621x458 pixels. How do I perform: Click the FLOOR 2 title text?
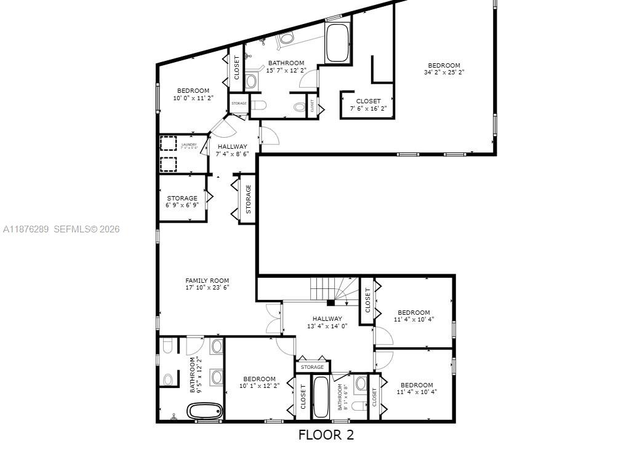(x=326, y=435)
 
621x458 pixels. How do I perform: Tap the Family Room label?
(x=207, y=280)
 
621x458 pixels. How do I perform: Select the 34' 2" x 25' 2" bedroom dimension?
(x=444, y=72)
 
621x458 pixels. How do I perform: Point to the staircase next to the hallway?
(x=332, y=290)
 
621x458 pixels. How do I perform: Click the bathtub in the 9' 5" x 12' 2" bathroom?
(x=204, y=411)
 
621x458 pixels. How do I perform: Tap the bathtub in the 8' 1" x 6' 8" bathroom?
(x=321, y=397)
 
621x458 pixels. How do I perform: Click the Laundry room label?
(x=189, y=145)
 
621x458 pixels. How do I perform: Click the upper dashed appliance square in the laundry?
(x=168, y=143)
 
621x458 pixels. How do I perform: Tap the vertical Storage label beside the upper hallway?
(x=248, y=199)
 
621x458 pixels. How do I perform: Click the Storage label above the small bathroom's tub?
(x=312, y=367)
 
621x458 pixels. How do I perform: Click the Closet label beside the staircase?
(x=367, y=300)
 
